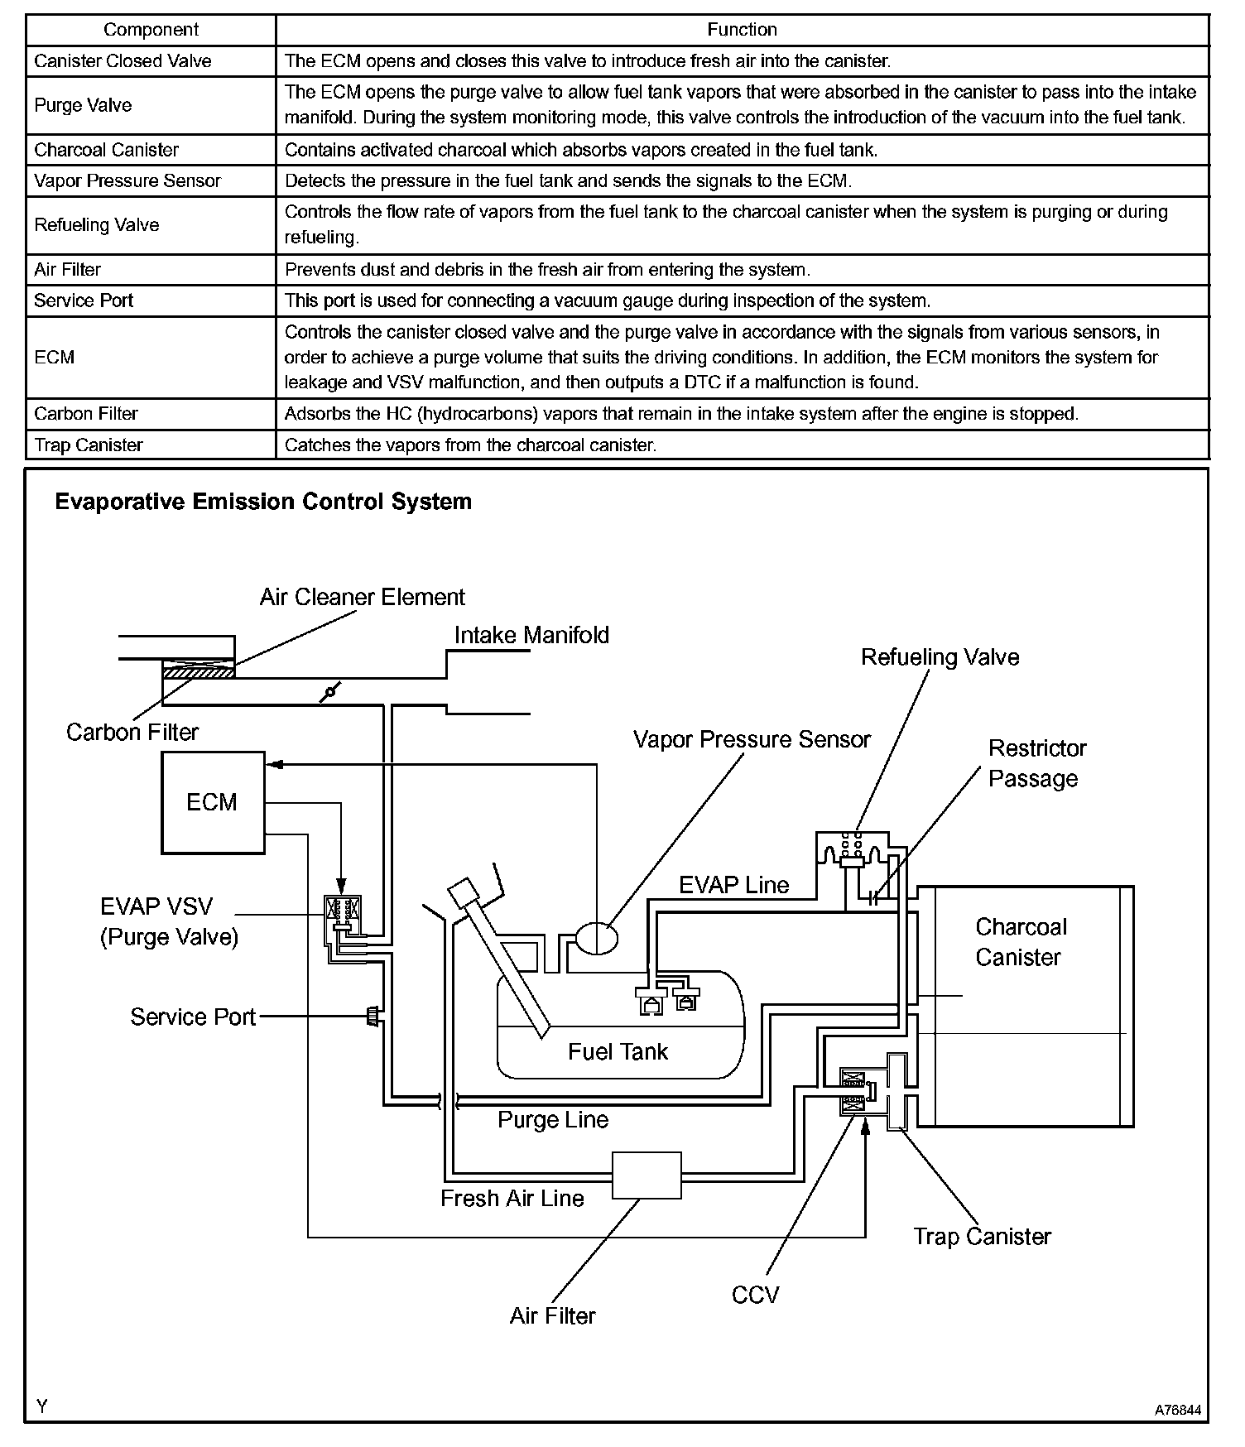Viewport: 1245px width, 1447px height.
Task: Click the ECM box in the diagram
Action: [213, 802]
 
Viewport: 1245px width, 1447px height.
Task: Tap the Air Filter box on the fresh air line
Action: [647, 1175]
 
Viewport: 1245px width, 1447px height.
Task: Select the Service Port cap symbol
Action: [373, 1016]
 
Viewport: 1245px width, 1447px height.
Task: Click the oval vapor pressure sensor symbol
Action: [596, 936]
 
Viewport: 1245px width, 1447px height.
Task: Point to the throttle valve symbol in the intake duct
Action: [329, 692]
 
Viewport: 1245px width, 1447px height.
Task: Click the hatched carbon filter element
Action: [199, 673]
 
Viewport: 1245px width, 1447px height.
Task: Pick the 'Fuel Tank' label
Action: [618, 1051]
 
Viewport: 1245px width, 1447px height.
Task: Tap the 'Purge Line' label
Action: [553, 1120]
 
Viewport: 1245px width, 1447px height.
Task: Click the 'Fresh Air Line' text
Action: [512, 1198]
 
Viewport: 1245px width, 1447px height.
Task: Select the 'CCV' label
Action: [755, 1295]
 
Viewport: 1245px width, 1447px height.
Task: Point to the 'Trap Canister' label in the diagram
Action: [982, 1236]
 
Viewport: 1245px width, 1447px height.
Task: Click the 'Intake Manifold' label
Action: [531, 635]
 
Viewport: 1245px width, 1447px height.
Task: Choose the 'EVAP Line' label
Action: [734, 885]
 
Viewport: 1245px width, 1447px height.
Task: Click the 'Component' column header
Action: [151, 30]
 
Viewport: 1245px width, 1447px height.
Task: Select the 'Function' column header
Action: [742, 30]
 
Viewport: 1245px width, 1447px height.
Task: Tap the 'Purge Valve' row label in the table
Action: [83, 105]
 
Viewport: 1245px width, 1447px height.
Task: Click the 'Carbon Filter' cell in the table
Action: [86, 413]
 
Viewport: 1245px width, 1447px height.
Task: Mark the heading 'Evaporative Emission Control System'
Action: [263, 502]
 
